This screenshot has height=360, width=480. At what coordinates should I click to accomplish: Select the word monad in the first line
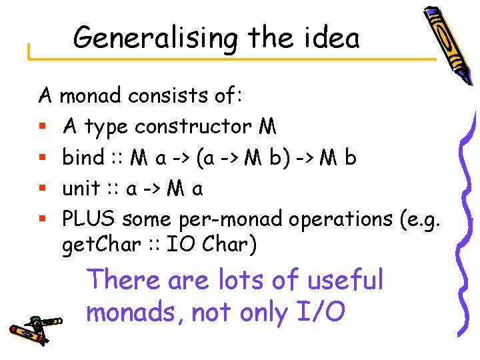(91, 97)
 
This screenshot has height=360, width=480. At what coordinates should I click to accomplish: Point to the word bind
(83, 158)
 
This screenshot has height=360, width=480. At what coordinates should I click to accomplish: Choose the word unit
(81, 189)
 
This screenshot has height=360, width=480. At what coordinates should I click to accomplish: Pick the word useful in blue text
(345, 280)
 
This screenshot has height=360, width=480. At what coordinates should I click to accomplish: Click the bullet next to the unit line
(43, 190)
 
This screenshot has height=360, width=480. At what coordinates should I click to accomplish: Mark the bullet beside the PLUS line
(43, 220)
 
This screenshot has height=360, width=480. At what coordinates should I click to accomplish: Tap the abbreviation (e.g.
(425, 219)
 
